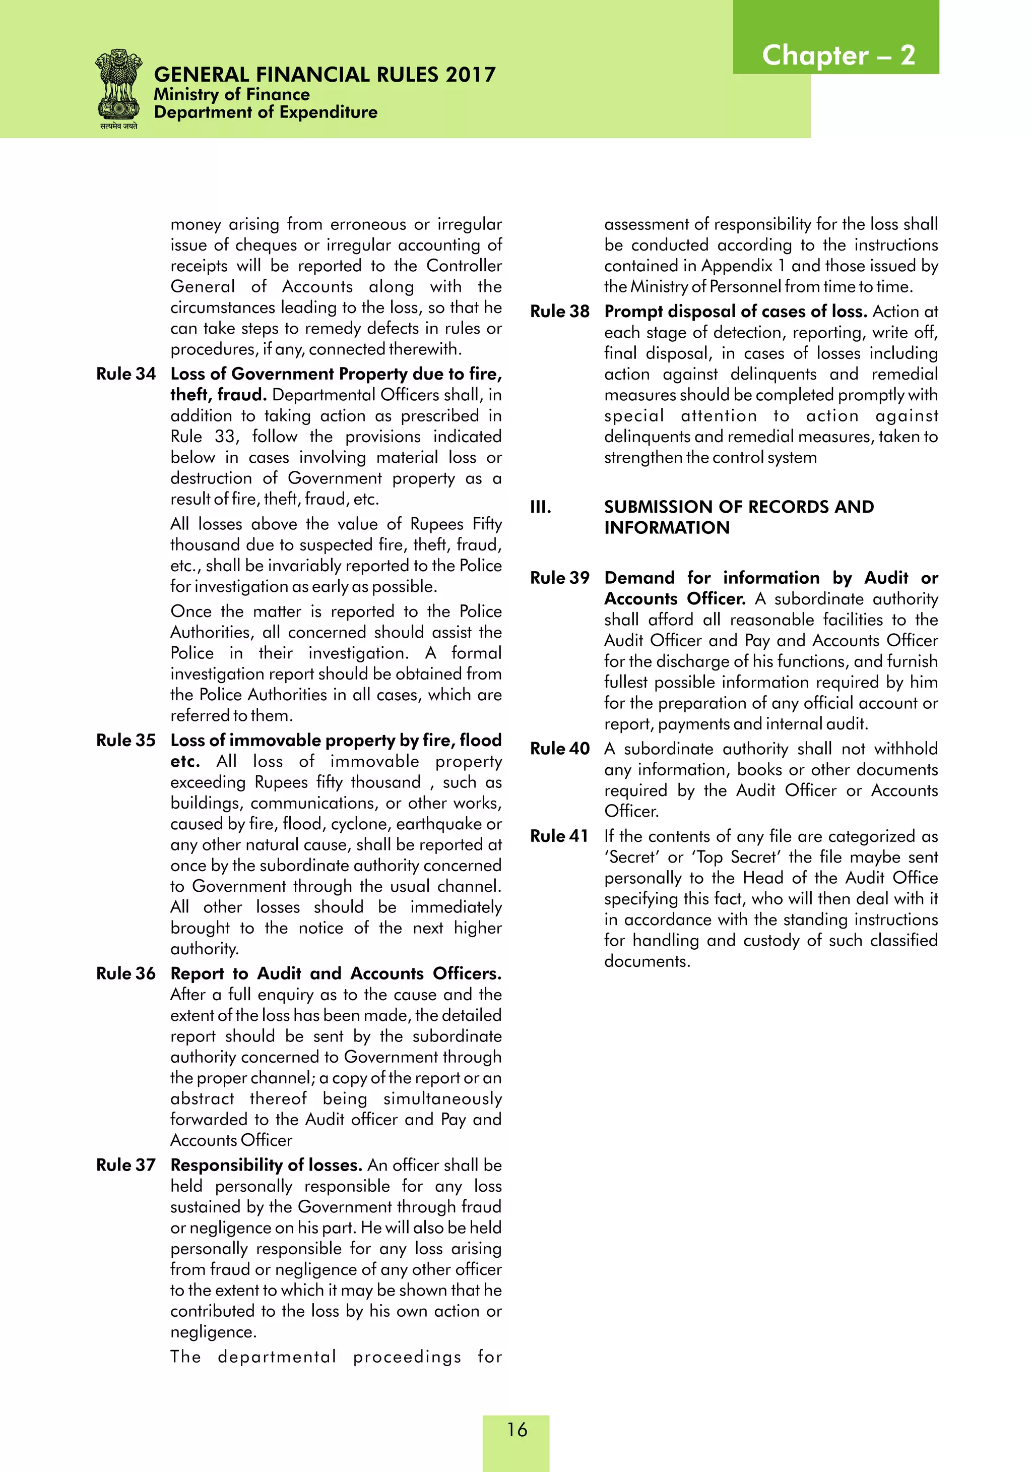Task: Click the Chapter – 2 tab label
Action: (x=838, y=55)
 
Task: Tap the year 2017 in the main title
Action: (x=471, y=75)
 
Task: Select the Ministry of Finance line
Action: (x=231, y=94)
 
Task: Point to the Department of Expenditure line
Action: (x=266, y=112)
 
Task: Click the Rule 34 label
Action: (x=125, y=374)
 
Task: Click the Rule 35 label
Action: (x=125, y=741)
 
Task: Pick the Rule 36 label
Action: (x=125, y=974)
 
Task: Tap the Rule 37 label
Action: (x=125, y=1165)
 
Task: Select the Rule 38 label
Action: (x=559, y=312)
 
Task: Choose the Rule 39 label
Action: (x=559, y=578)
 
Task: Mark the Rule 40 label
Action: (x=559, y=749)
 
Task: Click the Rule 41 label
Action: (x=558, y=836)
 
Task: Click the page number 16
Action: (x=517, y=1429)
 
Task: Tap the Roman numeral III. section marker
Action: (x=540, y=507)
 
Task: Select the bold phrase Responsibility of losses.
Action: (x=266, y=1165)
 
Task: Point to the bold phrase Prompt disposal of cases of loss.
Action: (x=735, y=312)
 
